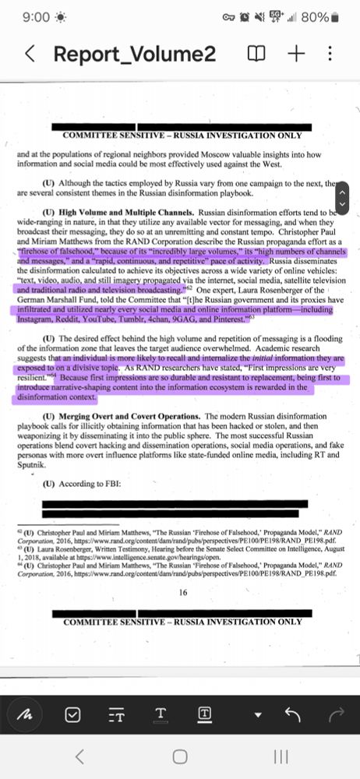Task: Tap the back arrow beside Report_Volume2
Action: point(30,54)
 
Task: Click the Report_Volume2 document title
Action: point(134,54)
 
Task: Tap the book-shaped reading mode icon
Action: point(256,54)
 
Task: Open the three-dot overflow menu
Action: point(330,54)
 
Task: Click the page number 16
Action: point(183,592)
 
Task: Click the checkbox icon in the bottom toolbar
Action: point(72,714)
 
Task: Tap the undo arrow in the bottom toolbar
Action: point(294,714)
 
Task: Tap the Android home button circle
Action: point(180,756)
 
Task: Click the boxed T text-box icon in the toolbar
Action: point(205,714)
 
